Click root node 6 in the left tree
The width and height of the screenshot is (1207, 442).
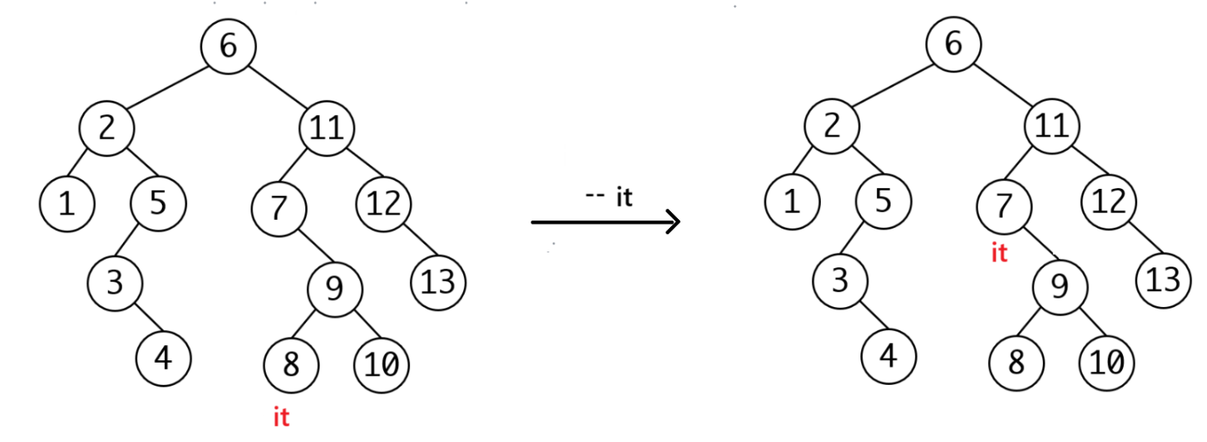point(228,46)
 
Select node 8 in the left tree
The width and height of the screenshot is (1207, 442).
point(291,365)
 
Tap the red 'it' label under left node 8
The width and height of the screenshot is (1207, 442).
point(282,418)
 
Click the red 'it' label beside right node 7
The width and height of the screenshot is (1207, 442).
point(999,254)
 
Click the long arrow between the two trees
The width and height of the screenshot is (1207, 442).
point(605,223)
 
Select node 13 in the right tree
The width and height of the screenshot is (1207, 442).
point(1163,280)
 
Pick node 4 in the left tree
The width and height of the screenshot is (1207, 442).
point(163,359)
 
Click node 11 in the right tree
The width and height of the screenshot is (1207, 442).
point(1052,127)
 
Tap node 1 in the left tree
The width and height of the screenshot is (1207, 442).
point(67,205)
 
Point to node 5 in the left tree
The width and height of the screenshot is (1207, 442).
point(159,204)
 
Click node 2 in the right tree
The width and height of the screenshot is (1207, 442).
point(832,127)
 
